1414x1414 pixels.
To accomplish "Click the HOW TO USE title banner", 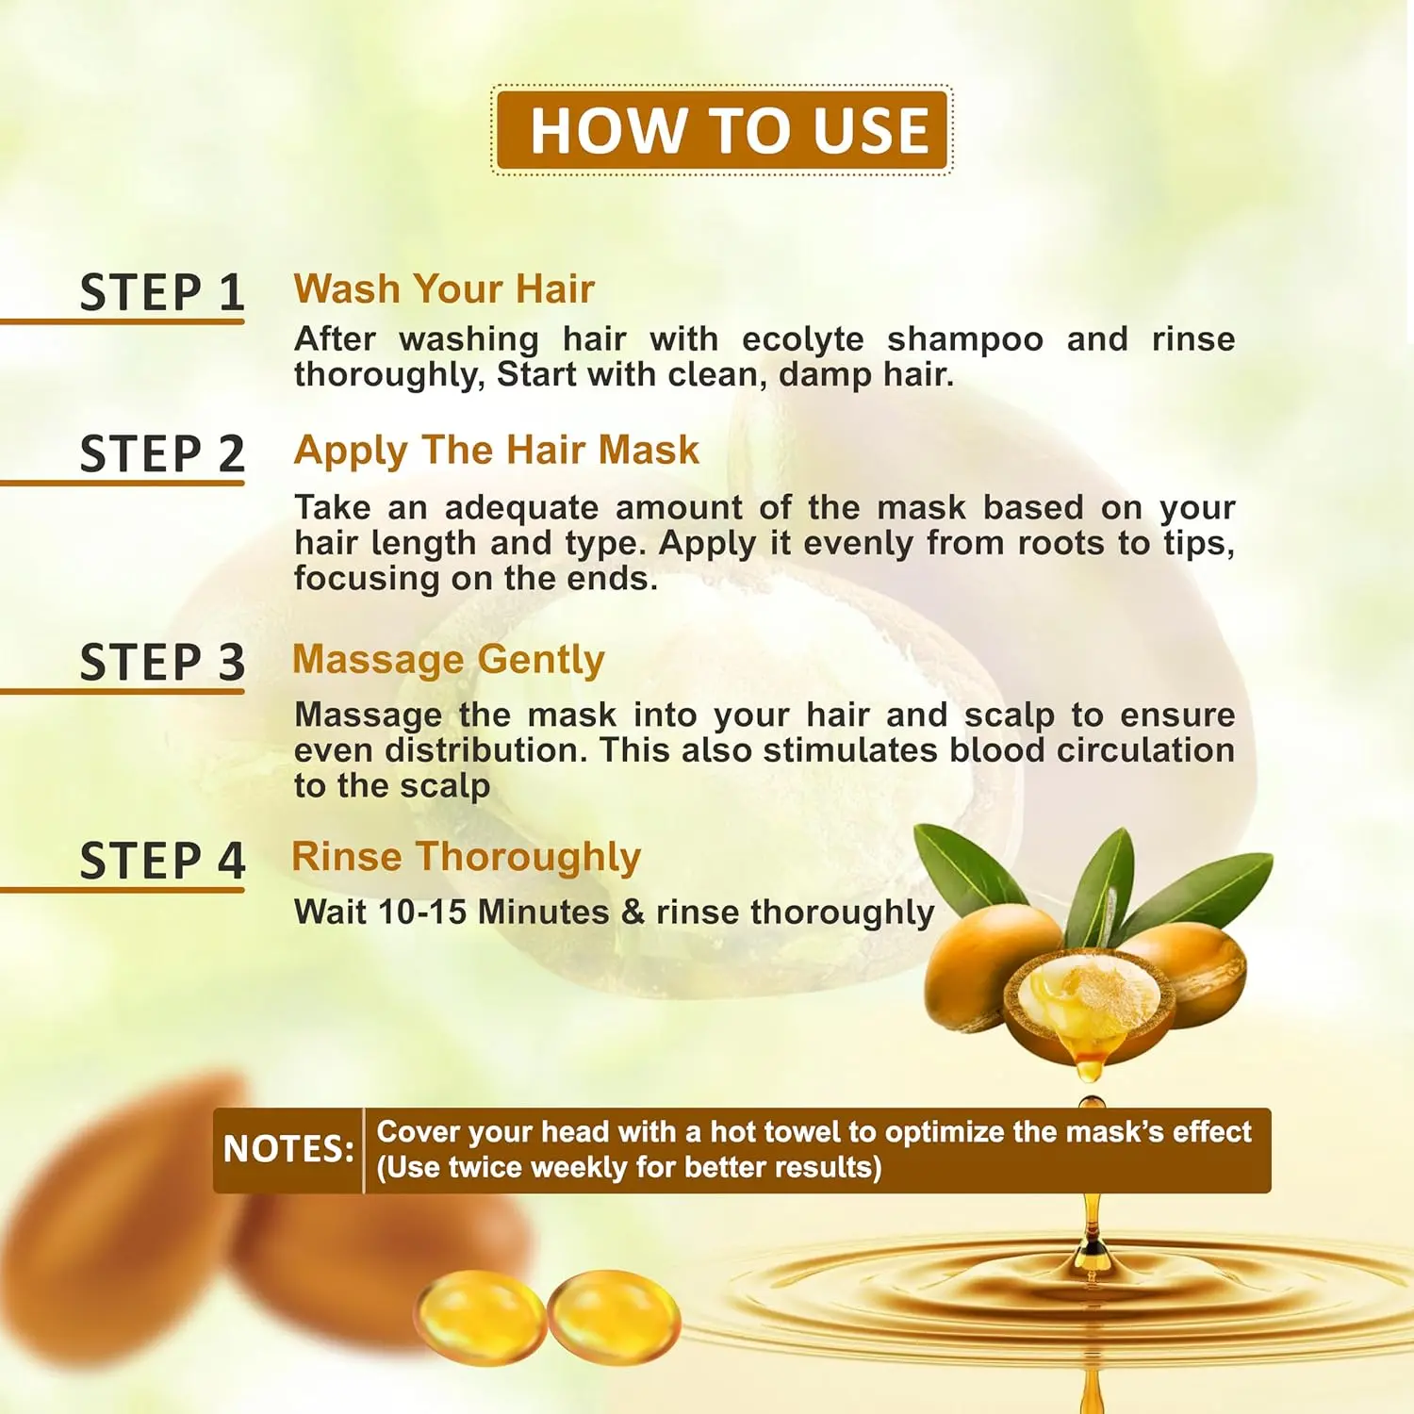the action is click(x=722, y=130).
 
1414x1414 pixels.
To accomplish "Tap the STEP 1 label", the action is click(x=162, y=292).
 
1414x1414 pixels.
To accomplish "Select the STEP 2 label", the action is click(x=162, y=453).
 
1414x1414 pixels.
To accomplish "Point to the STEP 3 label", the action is click(x=162, y=662).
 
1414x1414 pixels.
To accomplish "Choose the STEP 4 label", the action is click(x=162, y=861).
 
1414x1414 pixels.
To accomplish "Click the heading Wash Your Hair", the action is click(x=444, y=289).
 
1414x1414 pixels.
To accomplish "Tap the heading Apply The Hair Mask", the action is click(x=497, y=452).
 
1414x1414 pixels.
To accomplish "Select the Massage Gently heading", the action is click(x=449, y=660).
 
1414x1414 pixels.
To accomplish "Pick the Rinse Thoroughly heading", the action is click(x=467, y=858).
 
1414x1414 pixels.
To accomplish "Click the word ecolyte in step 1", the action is click(x=803, y=338).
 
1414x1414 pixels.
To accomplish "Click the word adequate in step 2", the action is click(x=521, y=509).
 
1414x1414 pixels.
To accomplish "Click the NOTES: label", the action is click(x=288, y=1149).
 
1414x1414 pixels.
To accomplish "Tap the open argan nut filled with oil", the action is click(x=1088, y=1003).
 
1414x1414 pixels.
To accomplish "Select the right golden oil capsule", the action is click(x=614, y=1317).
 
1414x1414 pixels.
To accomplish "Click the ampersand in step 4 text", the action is click(x=633, y=913).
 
